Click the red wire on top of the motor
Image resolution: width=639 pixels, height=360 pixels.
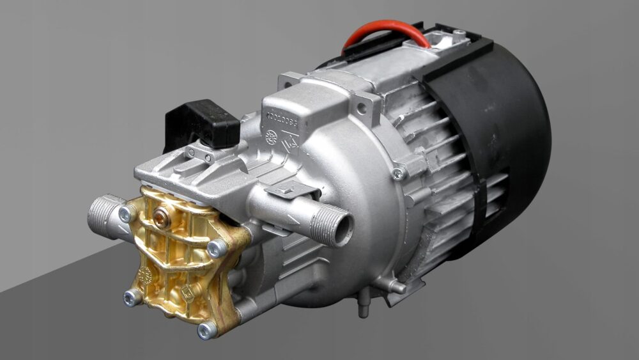[383, 29]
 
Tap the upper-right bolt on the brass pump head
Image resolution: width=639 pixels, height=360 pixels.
[216, 248]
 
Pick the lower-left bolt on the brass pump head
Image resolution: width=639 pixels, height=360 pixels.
[132, 297]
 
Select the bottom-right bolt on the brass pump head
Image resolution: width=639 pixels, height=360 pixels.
[206, 330]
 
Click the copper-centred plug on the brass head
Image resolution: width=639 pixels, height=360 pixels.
[162, 220]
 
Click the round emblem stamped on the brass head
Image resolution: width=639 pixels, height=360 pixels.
[144, 275]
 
